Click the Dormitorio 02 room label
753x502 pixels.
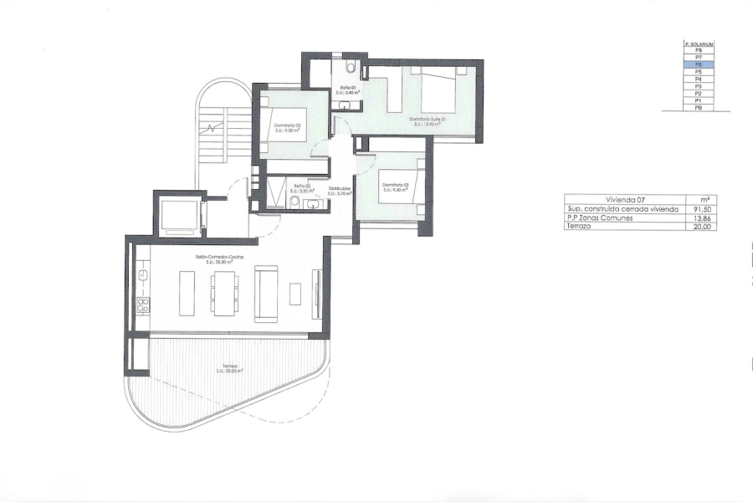pos(286,128)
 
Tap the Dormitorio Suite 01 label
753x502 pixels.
pos(428,121)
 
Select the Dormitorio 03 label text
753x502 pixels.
pos(394,187)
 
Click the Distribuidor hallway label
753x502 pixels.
pos(339,190)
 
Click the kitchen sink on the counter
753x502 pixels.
pos(142,274)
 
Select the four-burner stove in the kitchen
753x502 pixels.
pos(142,305)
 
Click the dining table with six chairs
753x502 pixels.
pos(223,293)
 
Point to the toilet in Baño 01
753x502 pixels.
pos(351,66)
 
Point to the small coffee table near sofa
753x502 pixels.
pos(295,294)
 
